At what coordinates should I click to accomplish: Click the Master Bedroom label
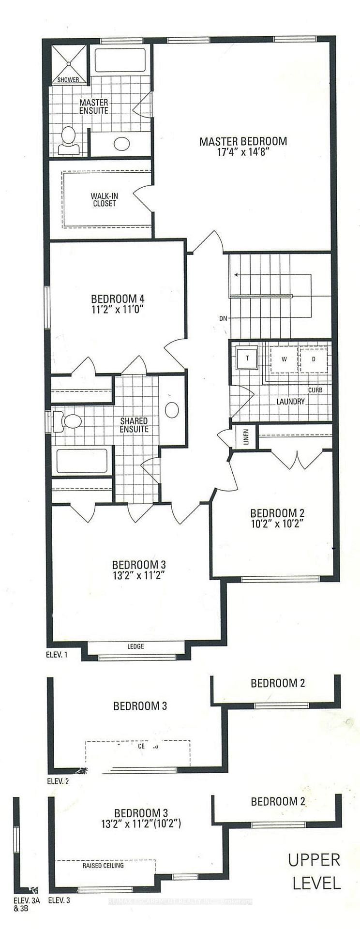243,141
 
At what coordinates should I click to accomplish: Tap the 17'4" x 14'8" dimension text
243,151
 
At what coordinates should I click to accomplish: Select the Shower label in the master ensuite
68,80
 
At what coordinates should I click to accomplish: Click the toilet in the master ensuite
68,138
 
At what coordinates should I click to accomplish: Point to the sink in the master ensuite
121,144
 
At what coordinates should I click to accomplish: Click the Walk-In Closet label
105,200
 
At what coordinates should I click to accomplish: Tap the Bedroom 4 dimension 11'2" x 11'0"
118,309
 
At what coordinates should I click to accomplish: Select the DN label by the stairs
223,318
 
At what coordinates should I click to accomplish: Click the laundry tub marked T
247,359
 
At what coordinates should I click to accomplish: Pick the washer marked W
285,359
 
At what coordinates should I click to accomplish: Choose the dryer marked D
314,359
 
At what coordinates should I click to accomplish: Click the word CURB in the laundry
315,390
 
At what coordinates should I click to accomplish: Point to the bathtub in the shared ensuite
81,461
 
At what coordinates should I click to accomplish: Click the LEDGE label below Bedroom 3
135,646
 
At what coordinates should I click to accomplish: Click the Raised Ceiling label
103,865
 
